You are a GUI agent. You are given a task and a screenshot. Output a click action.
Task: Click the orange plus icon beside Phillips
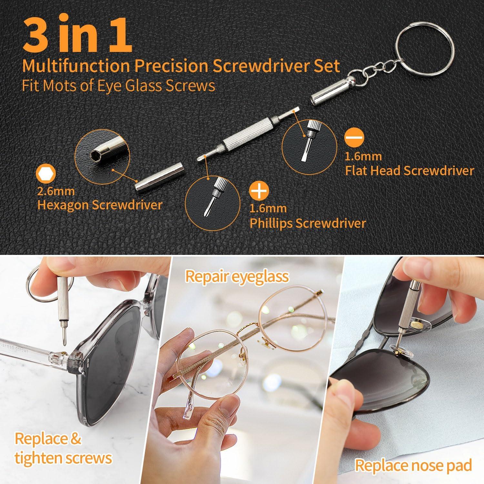pyautogui.click(x=260, y=191)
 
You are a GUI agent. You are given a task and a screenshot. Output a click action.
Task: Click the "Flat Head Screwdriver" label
pyautogui.click(x=409, y=170)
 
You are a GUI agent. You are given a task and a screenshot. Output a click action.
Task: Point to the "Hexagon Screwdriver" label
pyautogui.click(x=99, y=205)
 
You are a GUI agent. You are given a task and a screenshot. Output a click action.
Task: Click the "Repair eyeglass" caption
pyautogui.click(x=237, y=277)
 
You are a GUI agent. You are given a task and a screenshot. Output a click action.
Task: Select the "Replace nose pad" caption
pyautogui.click(x=413, y=465)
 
